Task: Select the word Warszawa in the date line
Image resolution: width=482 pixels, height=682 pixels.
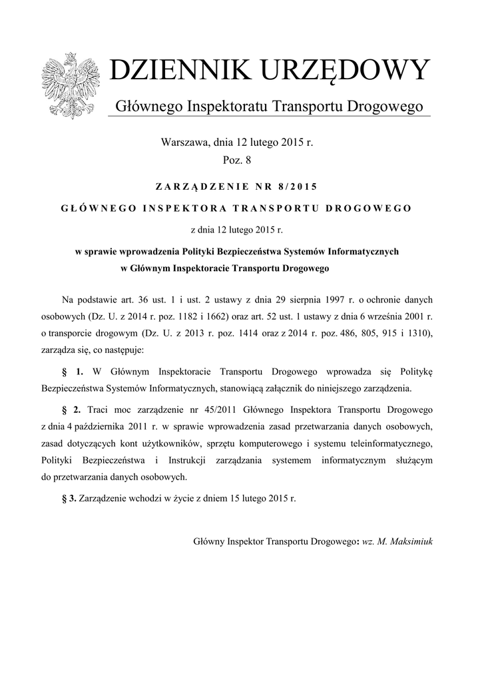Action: (x=184, y=143)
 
